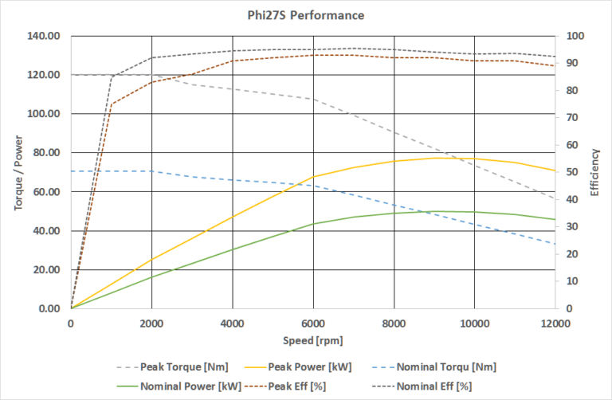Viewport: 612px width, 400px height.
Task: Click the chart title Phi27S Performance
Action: click(x=305, y=14)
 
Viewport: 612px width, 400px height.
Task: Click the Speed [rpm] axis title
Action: click(x=312, y=340)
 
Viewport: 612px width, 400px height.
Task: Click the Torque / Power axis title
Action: click(x=18, y=172)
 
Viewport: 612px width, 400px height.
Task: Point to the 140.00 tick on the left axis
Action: click(x=45, y=37)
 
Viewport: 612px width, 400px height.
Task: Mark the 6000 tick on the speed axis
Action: click(x=312, y=324)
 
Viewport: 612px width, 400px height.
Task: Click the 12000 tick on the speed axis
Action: click(x=554, y=324)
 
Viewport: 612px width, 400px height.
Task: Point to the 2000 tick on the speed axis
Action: click(x=151, y=324)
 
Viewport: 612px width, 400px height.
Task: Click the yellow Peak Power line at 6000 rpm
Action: click(x=312, y=177)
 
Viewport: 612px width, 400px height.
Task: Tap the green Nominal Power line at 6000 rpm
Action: click(x=312, y=224)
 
